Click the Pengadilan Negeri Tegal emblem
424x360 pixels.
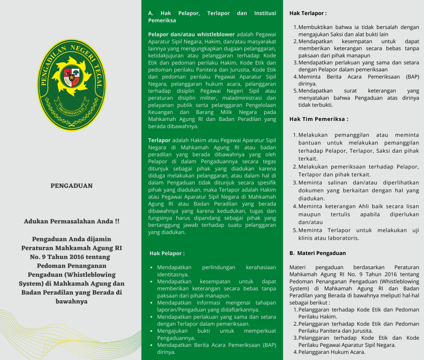coord(71,85)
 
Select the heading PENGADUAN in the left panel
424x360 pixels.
coord(72,186)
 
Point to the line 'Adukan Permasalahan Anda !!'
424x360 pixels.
coord(72,221)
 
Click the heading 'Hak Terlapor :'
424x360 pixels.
coord(308,13)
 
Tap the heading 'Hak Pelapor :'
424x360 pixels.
coord(167,253)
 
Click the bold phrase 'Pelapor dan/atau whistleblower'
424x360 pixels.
coord(191,34)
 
